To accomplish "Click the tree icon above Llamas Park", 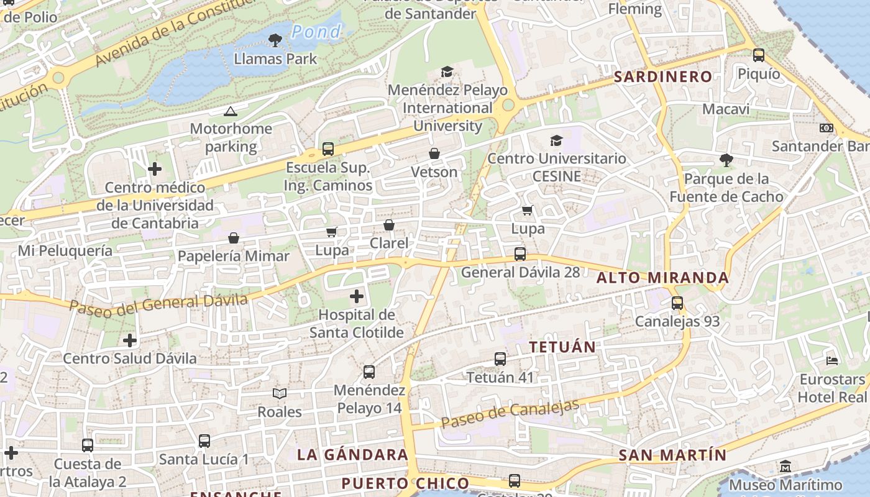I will [x=275, y=41].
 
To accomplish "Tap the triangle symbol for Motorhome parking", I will [x=231, y=112].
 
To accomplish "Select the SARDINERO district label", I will [x=662, y=77].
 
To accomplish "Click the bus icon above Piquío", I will [x=759, y=55].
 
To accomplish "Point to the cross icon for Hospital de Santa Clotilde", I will [x=357, y=296].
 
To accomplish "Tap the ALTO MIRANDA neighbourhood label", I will [x=662, y=278].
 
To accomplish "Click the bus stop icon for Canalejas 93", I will [x=677, y=303].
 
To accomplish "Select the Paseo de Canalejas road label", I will [x=510, y=413].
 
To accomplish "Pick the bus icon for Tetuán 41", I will [x=500, y=359].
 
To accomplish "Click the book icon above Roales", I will [x=280, y=393].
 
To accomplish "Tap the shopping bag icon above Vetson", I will [x=434, y=153].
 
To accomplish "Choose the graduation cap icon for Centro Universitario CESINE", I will [x=556, y=140].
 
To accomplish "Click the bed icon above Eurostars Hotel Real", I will [x=832, y=360].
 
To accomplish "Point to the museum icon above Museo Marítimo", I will [x=785, y=466].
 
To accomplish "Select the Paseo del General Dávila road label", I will [x=158, y=304].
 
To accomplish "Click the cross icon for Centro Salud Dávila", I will [x=130, y=340].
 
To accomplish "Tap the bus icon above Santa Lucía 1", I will [x=204, y=441].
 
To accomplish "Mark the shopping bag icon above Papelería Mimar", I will [x=234, y=238].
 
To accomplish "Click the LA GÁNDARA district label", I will [x=352, y=455].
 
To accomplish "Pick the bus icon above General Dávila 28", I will [x=520, y=254].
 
